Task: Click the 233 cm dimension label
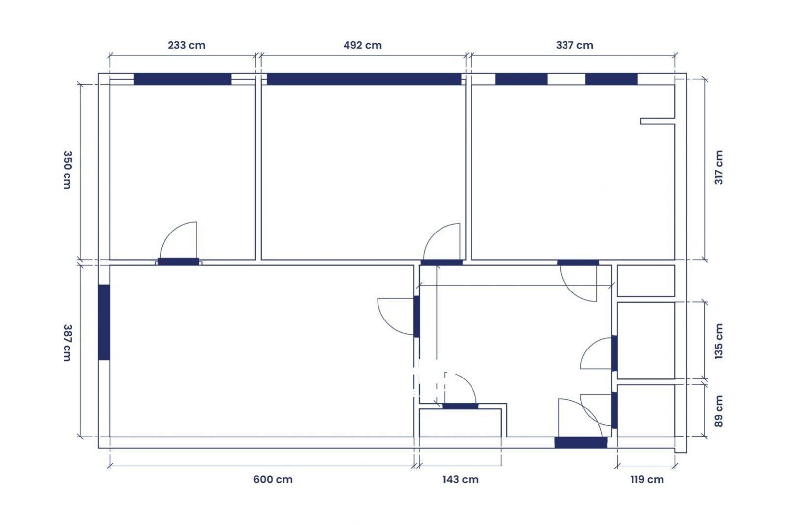[x=187, y=45]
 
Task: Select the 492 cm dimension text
[x=363, y=45]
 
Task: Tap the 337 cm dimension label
[x=574, y=45]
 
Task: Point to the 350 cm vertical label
[x=67, y=170]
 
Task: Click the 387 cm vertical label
[x=67, y=343]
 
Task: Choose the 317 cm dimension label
[x=719, y=168]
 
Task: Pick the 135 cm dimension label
[x=719, y=341]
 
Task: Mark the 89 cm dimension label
[x=719, y=411]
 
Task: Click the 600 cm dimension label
[x=273, y=479]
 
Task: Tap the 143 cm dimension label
[x=461, y=479]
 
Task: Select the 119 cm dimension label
[x=647, y=479]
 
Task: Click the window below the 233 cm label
[x=183, y=79]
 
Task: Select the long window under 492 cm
[x=364, y=79]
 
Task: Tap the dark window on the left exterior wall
[x=104, y=322]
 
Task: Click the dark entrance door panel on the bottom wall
[x=581, y=442]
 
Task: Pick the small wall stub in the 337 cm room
[x=658, y=121]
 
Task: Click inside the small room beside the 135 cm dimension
[x=646, y=341]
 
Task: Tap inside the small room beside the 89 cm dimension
[x=646, y=411]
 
